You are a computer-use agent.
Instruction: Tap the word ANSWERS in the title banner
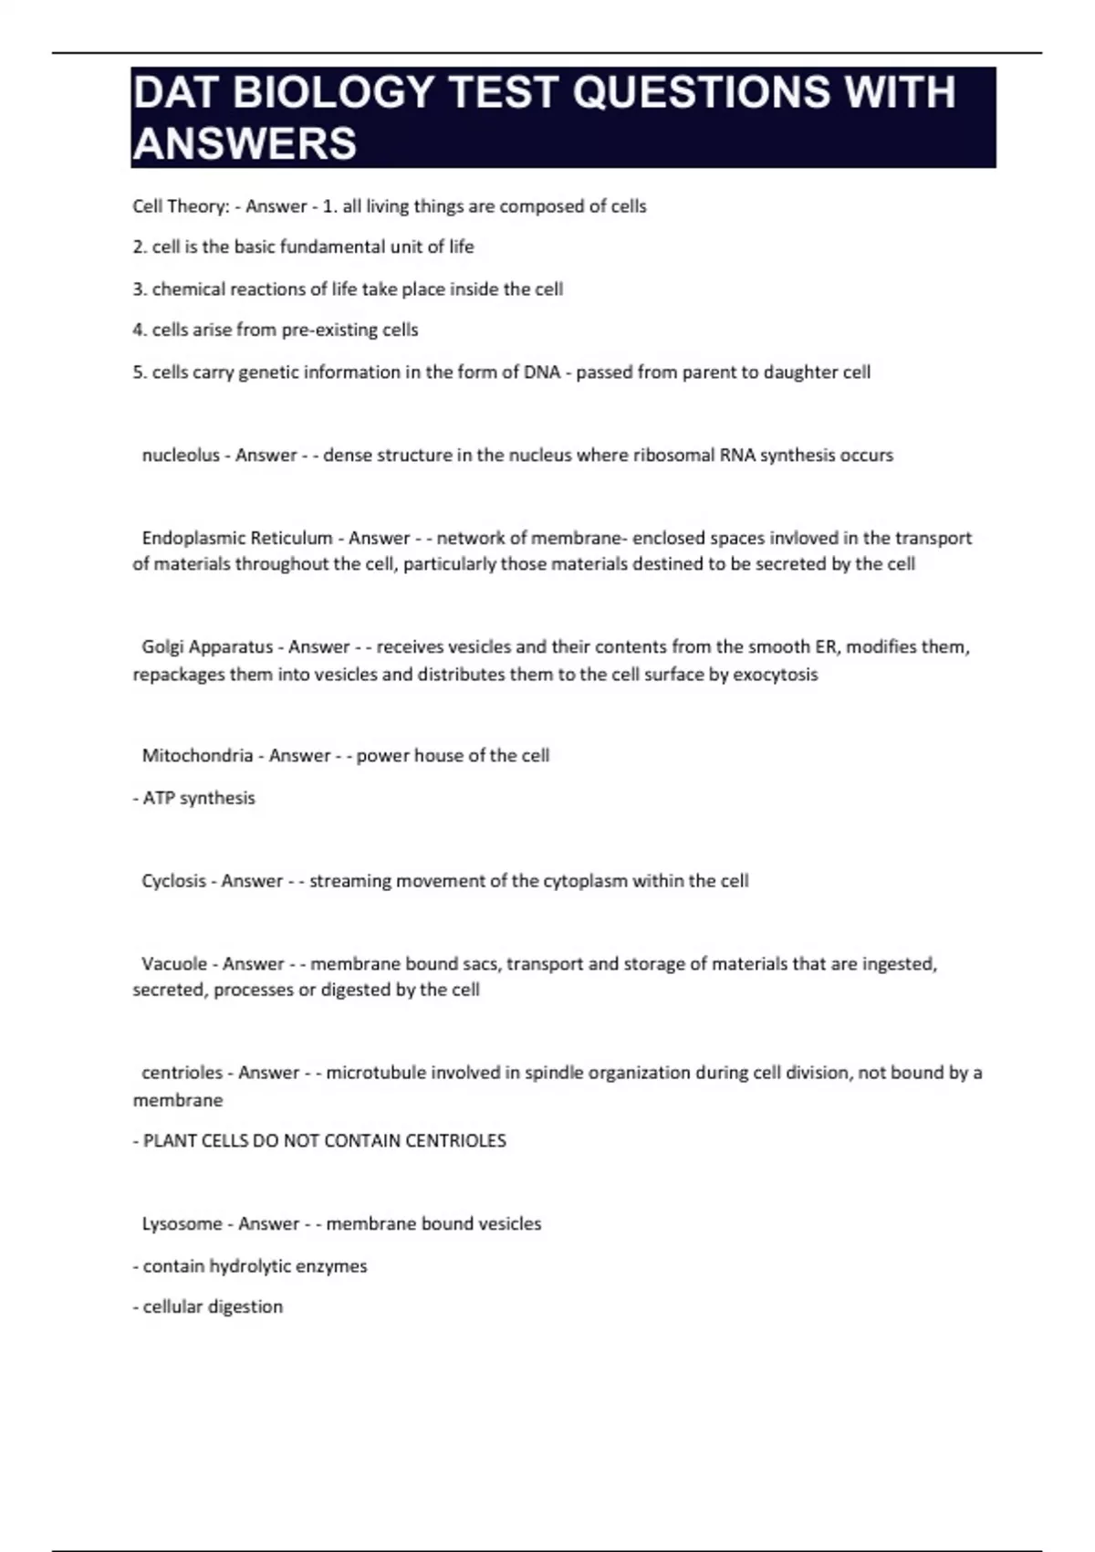pyautogui.click(x=245, y=144)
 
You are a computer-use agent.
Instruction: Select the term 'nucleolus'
pyautogui.click(x=181, y=455)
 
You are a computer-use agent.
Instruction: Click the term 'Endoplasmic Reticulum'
pyautogui.click(x=237, y=538)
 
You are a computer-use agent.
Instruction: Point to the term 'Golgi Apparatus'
pyautogui.click(x=207, y=646)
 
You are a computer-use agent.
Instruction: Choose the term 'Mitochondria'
pyautogui.click(x=197, y=755)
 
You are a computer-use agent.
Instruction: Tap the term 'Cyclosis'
pyautogui.click(x=173, y=881)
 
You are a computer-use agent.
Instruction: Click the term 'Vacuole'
pyautogui.click(x=174, y=963)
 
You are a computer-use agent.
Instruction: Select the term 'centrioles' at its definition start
pyautogui.click(x=182, y=1072)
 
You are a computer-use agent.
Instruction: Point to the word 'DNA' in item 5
pyautogui.click(x=542, y=372)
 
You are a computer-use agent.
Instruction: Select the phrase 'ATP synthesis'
pyautogui.click(x=199, y=798)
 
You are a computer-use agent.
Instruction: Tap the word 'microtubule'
pyautogui.click(x=375, y=1072)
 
